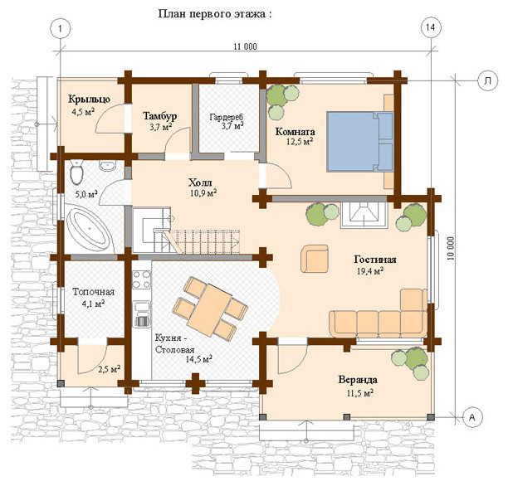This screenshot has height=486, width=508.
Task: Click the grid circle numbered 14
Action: [x=430, y=27]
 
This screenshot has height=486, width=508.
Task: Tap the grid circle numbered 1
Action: [x=61, y=28]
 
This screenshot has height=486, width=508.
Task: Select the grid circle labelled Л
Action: [x=487, y=81]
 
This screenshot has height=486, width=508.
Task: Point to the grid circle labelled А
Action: [x=472, y=417]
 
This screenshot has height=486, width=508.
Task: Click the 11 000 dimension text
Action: [x=245, y=46]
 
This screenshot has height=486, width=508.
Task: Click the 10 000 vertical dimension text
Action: [x=451, y=249]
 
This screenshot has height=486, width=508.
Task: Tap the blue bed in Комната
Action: [x=359, y=142]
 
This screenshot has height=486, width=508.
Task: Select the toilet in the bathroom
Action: [x=76, y=173]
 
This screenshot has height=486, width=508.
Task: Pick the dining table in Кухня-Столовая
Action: [x=209, y=309]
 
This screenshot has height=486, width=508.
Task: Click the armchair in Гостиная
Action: [x=315, y=259]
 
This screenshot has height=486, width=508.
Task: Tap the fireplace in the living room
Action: [x=364, y=216]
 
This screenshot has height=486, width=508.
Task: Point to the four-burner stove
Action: [x=142, y=279]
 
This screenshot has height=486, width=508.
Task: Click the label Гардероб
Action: [x=226, y=117]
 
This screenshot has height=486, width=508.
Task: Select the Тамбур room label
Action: [x=160, y=116]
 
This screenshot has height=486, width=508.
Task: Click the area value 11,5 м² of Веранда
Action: [x=360, y=393]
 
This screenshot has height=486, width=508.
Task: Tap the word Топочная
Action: [x=93, y=292]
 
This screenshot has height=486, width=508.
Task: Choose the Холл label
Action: [x=200, y=182]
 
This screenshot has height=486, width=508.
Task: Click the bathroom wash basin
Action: [x=107, y=165]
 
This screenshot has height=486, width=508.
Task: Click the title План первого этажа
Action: [x=215, y=14]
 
